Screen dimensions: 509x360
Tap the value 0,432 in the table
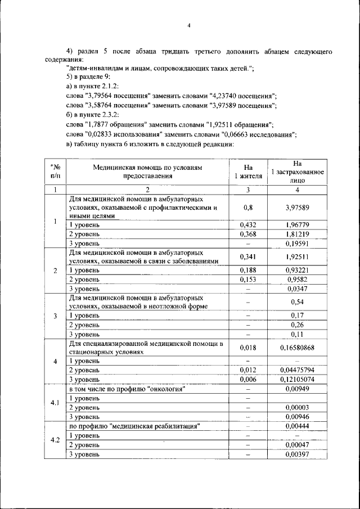[247, 225]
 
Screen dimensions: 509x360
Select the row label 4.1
[55, 403]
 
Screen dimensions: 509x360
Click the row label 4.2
[55, 439]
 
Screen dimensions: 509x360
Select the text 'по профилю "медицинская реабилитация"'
[135, 426]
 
